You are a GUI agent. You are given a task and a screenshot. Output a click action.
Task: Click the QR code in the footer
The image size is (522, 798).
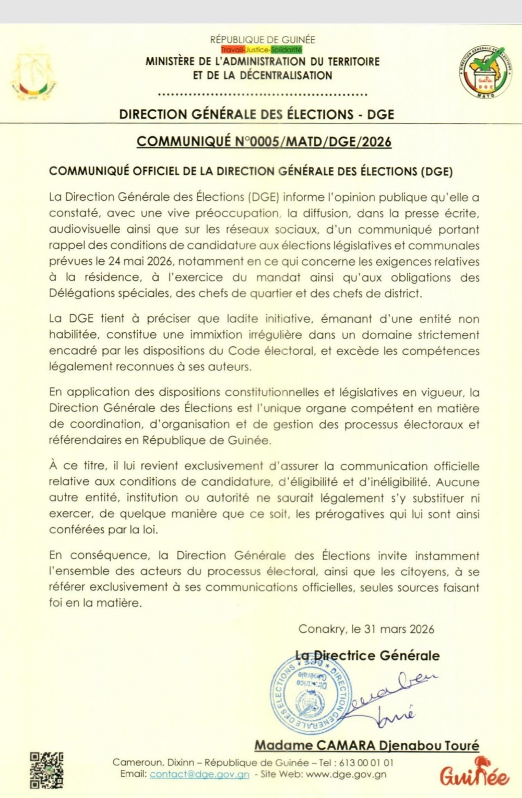tap(46, 770)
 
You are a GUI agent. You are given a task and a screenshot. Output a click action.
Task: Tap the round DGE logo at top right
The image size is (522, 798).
tap(486, 71)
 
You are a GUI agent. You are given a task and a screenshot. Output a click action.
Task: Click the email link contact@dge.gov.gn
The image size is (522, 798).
tap(199, 775)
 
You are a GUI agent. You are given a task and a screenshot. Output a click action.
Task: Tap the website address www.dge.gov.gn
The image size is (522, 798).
tap(346, 775)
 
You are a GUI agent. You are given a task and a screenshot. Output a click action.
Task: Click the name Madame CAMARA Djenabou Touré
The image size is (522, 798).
tap(366, 746)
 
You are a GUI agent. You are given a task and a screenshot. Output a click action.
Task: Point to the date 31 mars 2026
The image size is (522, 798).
tap(399, 629)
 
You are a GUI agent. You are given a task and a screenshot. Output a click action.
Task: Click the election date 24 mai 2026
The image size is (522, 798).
tap(140, 261)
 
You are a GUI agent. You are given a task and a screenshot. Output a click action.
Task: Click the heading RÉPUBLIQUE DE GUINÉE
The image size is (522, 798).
tap(263, 40)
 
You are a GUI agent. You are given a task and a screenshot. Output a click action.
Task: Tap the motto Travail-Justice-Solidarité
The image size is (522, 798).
tap(262, 50)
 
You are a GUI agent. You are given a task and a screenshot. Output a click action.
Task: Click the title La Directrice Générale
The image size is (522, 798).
tap(367, 656)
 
